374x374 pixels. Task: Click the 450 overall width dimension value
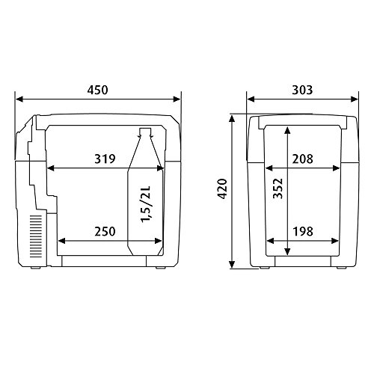pyautogui.click(x=97, y=90)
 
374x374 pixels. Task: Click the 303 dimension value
pyautogui.click(x=303, y=90)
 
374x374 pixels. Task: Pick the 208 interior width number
pyautogui.click(x=303, y=159)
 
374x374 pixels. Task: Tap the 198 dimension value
pyautogui.click(x=303, y=232)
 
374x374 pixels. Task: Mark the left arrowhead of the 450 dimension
pyautogui.click(x=20, y=98)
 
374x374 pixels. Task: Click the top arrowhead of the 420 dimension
pyautogui.click(x=234, y=117)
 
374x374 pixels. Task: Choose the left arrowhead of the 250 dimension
pyautogui.click(x=61, y=242)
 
